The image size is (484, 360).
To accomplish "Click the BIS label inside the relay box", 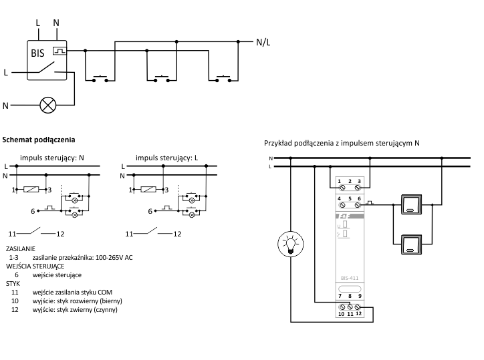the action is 37,53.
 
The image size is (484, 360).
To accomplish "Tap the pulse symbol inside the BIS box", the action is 59,51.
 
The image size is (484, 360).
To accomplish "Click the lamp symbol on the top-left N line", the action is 48,105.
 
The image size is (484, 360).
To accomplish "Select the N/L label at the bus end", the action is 263,42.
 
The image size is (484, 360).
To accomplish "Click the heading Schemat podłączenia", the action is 39,140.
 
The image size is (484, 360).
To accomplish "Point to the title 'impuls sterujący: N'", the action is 52,158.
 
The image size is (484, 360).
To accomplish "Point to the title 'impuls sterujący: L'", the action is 166,158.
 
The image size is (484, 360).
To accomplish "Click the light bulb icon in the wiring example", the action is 290,244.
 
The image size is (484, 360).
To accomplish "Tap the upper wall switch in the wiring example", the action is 411,204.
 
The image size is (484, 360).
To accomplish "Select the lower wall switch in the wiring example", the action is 411,244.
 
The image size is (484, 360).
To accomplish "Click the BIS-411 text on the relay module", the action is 350,278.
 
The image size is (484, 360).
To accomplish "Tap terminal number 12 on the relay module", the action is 358,313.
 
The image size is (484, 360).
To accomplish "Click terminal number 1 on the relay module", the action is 339,182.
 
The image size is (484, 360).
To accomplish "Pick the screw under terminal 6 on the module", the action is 358,205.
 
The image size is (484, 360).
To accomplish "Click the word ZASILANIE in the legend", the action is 21,248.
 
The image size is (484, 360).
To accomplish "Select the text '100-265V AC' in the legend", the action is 114,258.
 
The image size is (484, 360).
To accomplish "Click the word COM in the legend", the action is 105,292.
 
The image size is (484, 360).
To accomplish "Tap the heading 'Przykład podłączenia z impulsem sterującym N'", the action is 342,143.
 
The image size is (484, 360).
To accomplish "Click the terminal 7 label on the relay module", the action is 340,296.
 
